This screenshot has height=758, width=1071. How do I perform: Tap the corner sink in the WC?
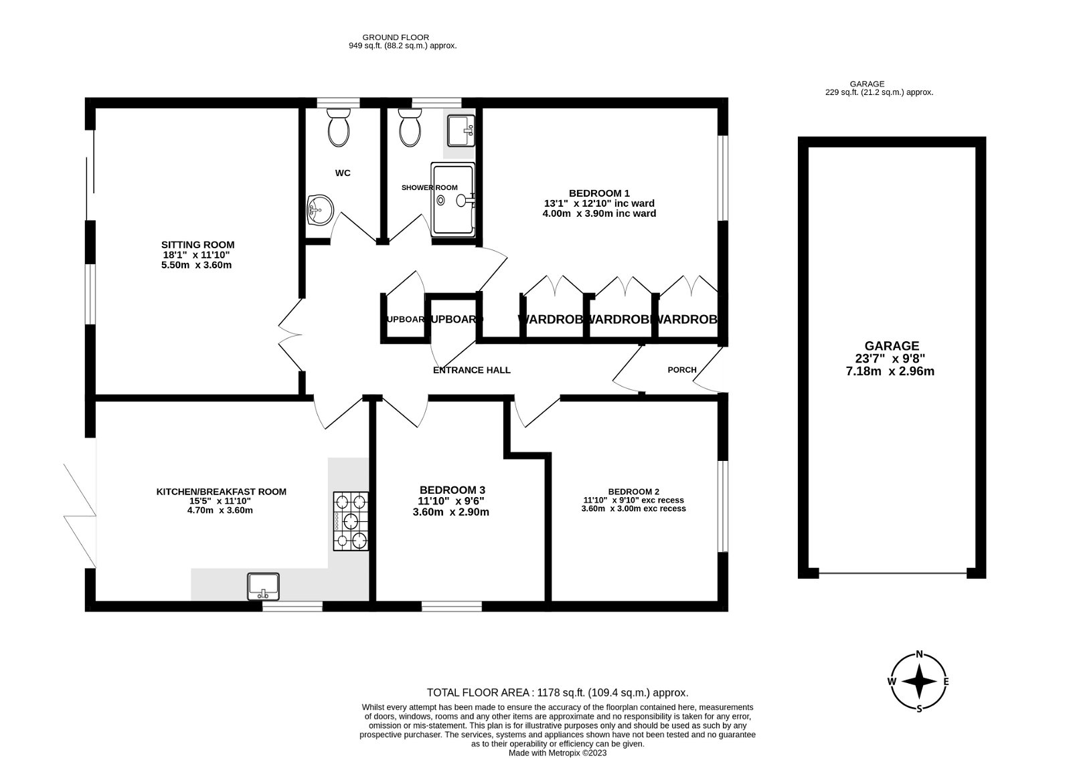[319, 210]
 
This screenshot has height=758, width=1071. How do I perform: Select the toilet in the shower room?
[409, 128]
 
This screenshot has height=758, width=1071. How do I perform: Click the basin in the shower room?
[461, 131]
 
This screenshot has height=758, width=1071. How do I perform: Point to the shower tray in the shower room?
[453, 199]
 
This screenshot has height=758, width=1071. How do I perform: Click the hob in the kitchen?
[351, 521]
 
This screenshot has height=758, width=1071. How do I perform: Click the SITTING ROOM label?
[197, 245]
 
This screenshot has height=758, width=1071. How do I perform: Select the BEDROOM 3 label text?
[452, 490]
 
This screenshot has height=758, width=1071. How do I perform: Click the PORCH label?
[682, 370]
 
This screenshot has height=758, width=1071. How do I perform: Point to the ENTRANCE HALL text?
[471, 370]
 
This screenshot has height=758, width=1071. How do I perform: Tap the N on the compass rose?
[920, 654]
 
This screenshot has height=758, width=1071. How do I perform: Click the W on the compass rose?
[892, 682]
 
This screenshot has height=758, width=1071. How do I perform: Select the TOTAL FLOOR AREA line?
[558, 693]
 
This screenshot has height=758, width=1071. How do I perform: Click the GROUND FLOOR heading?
[396, 37]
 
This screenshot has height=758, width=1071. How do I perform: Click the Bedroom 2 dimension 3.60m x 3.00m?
[633, 508]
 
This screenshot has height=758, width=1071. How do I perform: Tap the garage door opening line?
[892, 573]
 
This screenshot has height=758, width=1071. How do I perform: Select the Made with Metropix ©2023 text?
[558, 753]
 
